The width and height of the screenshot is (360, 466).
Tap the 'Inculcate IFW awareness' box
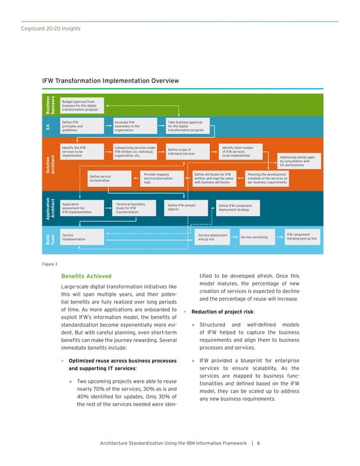(134, 125)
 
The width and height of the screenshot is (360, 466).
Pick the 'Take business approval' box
(188, 125)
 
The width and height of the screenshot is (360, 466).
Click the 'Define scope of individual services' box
(188, 151)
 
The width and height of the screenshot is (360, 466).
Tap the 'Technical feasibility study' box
(134, 208)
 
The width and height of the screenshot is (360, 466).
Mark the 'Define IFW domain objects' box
(188, 207)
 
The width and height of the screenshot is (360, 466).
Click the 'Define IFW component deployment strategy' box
(241, 208)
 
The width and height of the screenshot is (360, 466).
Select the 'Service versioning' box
(254, 237)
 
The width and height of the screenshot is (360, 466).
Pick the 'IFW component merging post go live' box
(301, 236)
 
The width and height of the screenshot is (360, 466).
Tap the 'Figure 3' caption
(50, 263)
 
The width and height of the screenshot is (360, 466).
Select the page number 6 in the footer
(258, 442)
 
